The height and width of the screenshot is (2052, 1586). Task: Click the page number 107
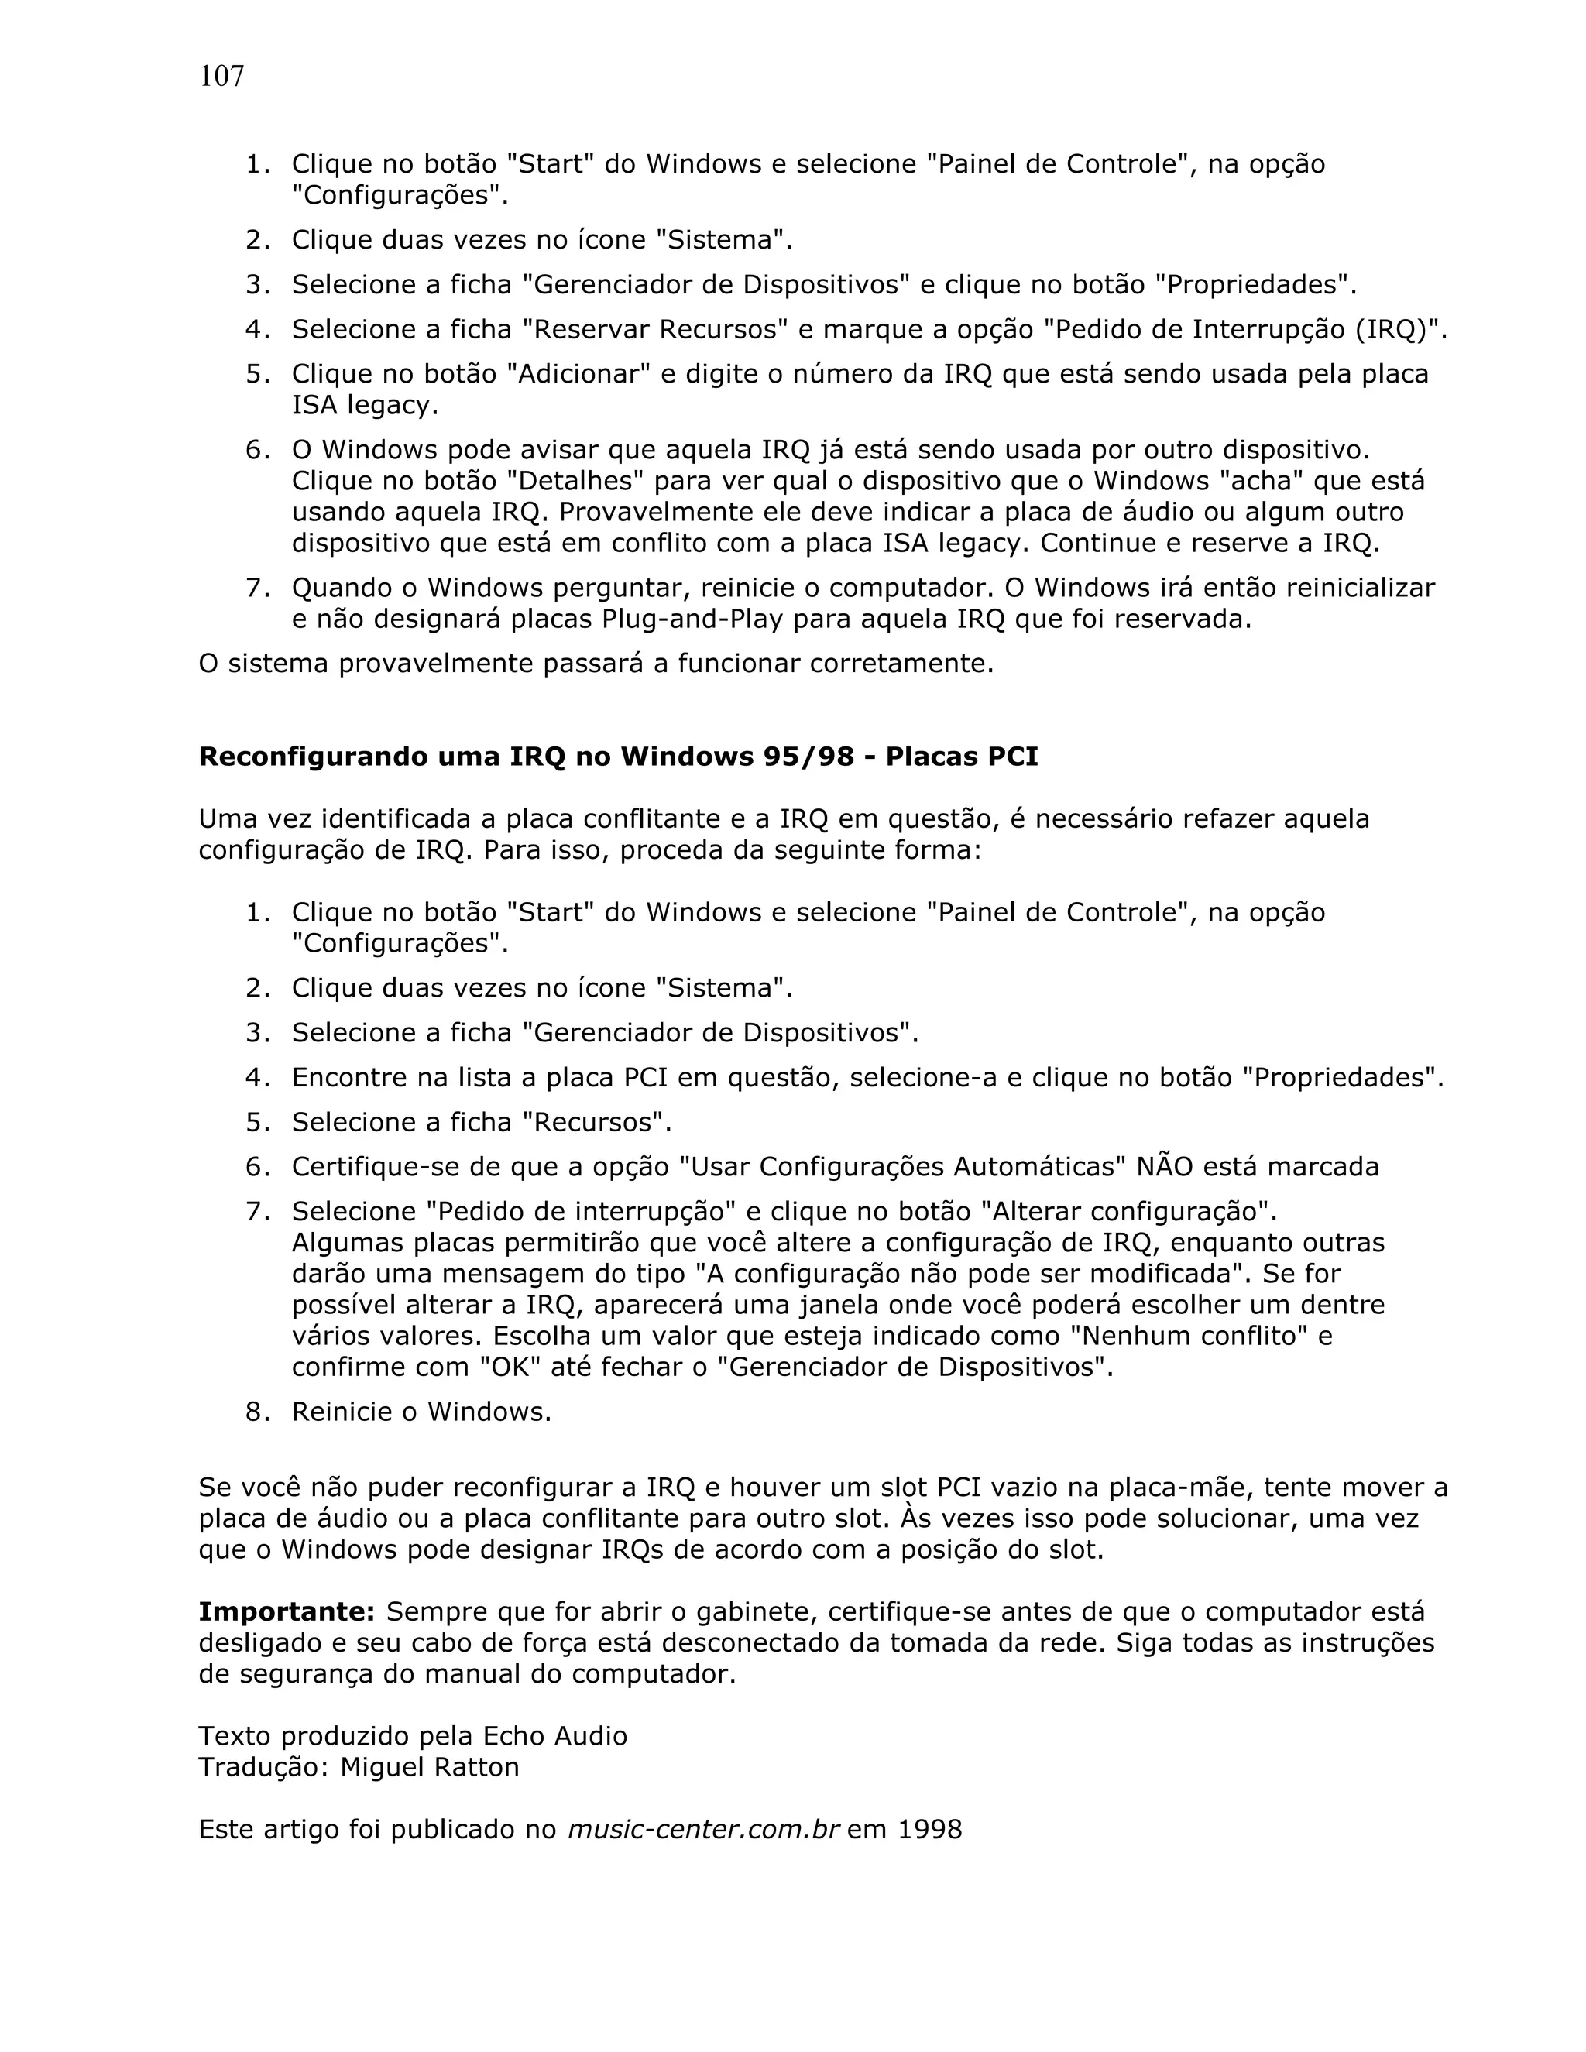click(x=221, y=76)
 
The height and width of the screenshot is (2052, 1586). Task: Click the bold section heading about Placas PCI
click(x=617, y=757)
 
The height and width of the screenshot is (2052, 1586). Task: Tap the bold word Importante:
click(x=287, y=1612)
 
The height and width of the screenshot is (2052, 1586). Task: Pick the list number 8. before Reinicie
click(x=257, y=1412)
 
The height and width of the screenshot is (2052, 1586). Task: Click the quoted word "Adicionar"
click(x=578, y=374)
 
